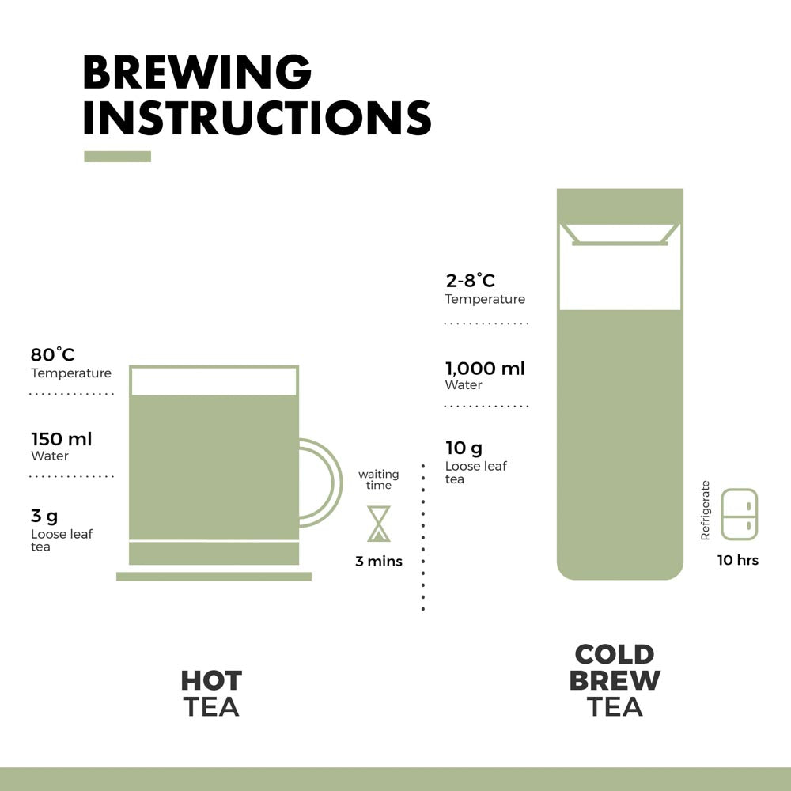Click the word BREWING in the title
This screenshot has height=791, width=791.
tap(197, 72)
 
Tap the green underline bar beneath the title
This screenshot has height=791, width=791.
tap(117, 157)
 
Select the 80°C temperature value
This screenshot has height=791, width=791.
tap(53, 355)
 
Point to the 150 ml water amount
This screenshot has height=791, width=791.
tap(62, 439)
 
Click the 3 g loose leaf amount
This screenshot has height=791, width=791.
tap(44, 517)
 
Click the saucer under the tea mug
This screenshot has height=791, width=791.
tap(214, 577)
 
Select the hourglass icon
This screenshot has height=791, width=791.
tap(379, 524)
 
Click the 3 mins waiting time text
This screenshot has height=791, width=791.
tap(379, 562)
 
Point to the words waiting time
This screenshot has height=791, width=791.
tap(379, 479)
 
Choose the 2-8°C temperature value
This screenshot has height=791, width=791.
tap(470, 281)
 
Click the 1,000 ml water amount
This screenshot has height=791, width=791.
tap(485, 368)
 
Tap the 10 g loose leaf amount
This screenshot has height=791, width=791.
tap(464, 448)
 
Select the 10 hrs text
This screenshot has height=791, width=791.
tap(738, 560)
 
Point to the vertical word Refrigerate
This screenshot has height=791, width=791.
tap(706, 511)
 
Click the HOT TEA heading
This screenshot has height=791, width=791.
tap(211, 693)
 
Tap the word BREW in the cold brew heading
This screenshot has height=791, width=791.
tap(615, 680)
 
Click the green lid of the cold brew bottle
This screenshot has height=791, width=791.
tap(620, 205)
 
